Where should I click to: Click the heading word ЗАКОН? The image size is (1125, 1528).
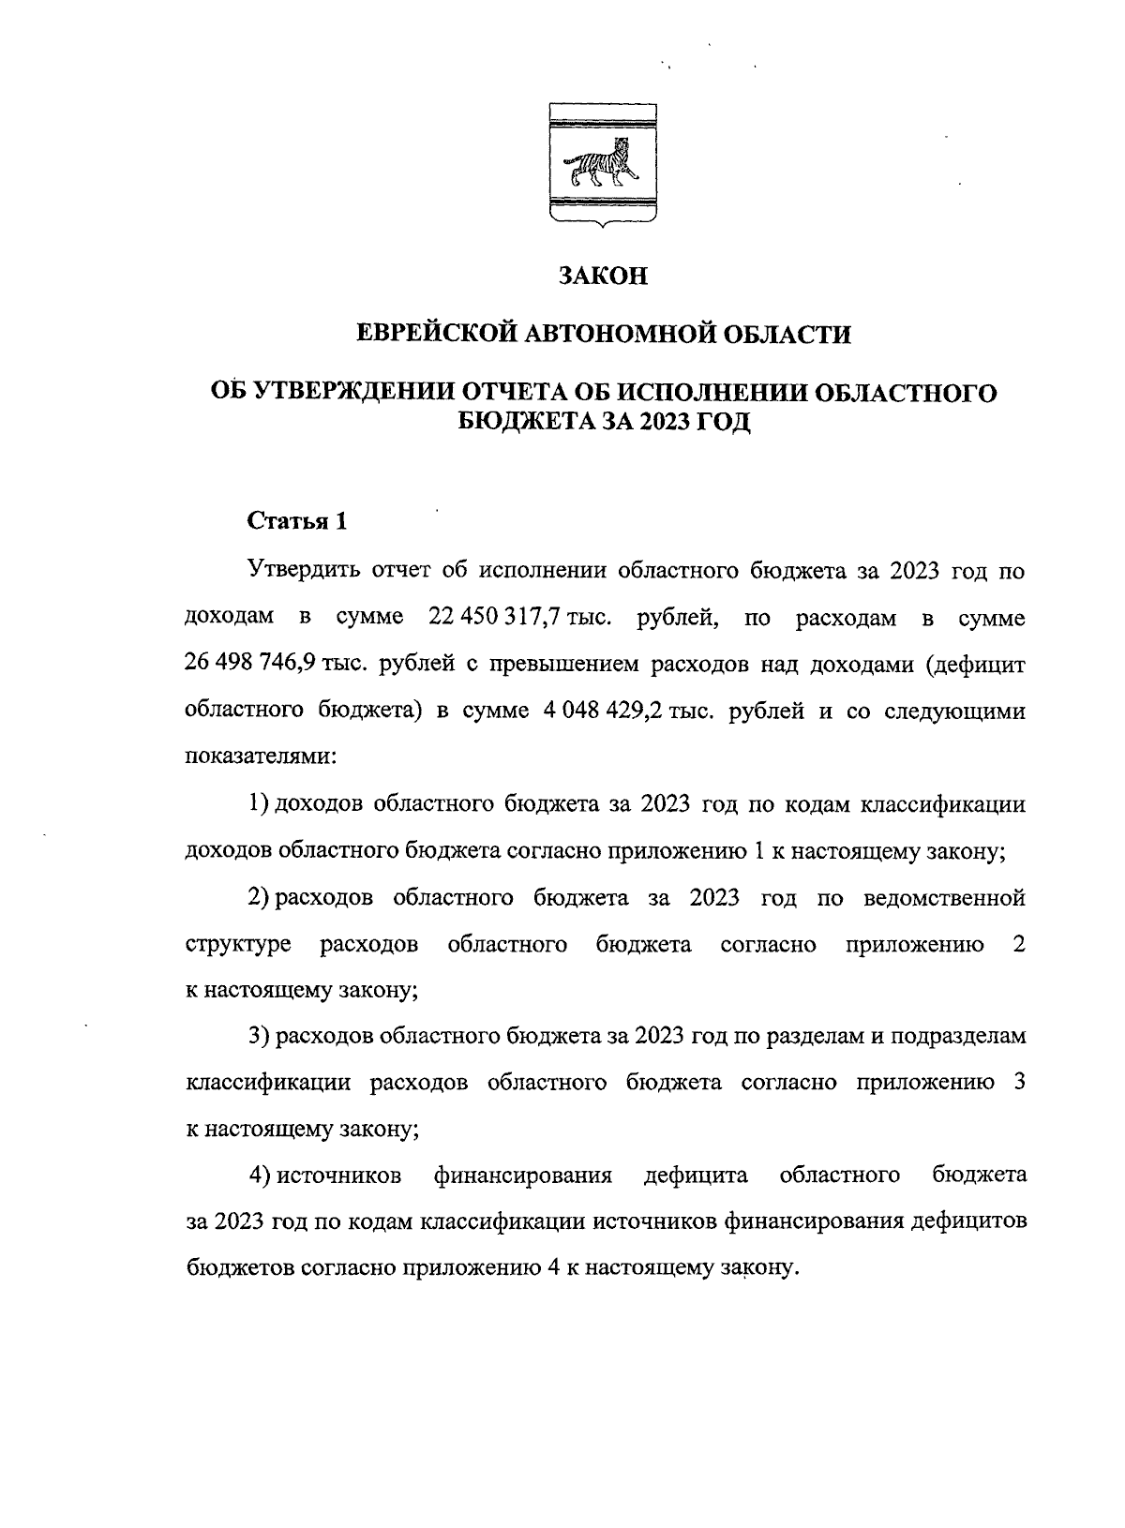(x=603, y=277)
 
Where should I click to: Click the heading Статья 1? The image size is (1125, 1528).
(x=297, y=522)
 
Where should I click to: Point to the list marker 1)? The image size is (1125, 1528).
(x=259, y=804)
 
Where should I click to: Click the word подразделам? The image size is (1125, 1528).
(x=957, y=1037)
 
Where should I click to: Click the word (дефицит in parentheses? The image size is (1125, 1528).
(x=975, y=664)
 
